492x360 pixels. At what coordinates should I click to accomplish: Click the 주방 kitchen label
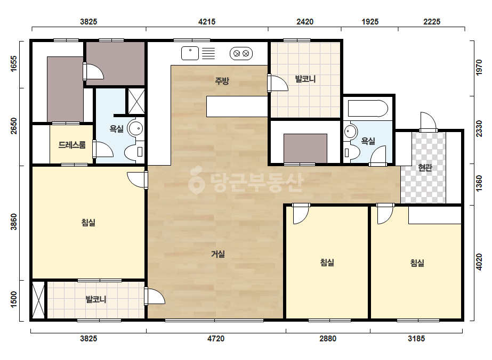pyautogui.click(x=222, y=81)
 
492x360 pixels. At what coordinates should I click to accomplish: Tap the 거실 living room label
pyautogui.click(x=218, y=253)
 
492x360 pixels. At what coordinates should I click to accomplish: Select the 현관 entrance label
pyautogui.click(x=425, y=167)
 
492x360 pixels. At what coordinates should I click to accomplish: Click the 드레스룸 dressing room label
pyautogui.click(x=72, y=144)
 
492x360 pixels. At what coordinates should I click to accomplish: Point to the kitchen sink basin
pyautogui.click(x=190, y=53)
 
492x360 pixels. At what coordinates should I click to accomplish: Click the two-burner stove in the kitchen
pyautogui.click(x=241, y=54)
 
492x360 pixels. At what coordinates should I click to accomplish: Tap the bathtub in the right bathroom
pyautogui.click(x=368, y=109)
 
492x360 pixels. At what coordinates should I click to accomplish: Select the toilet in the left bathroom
pyautogui.click(x=134, y=152)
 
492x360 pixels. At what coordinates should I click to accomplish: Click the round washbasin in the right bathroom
pyautogui.click(x=351, y=132)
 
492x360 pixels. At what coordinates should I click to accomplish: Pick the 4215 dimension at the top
pyautogui.click(x=207, y=22)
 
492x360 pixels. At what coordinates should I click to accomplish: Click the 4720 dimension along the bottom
pyautogui.click(x=216, y=338)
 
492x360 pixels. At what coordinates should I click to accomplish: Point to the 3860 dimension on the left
pyautogui.click(x=14, y=222)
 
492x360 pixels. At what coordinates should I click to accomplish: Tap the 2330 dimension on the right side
pyautogui.click(x=479, y=128)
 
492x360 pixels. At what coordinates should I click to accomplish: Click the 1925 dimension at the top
pyautogui.click(x=370, y=22)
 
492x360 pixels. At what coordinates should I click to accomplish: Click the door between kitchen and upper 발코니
pyautogui.click(x=277, y=83)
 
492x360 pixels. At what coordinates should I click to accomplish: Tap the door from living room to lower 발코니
pyautogui.click(x=154, y=296)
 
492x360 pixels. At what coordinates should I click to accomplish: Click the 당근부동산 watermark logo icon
pyautogui.click(x=196, y=180)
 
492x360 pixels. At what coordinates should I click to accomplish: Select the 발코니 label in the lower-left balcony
pyautogui.click(x=96, y=299)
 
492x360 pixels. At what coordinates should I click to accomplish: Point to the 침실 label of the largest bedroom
pyautogui.click(x=88, y=222)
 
